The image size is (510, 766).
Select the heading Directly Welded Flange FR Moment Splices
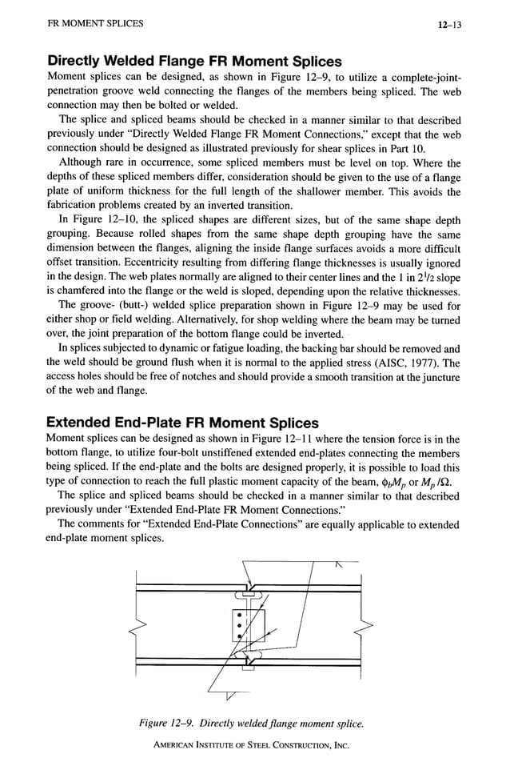coord(194,61)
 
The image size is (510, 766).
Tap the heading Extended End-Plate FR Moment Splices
coord(182,423)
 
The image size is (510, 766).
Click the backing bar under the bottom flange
coord(247,670)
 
